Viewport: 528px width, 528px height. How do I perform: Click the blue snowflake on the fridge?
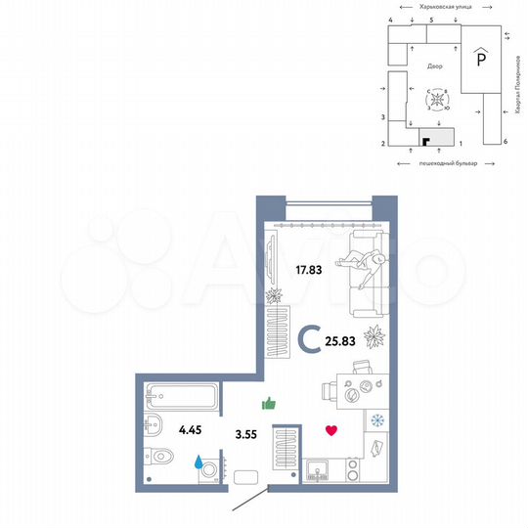point(376,420)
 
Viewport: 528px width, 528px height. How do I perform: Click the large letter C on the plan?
point(308,340)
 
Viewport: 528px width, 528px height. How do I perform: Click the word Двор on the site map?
point(435,66)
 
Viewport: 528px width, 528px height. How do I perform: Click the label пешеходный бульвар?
point(447,163)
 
